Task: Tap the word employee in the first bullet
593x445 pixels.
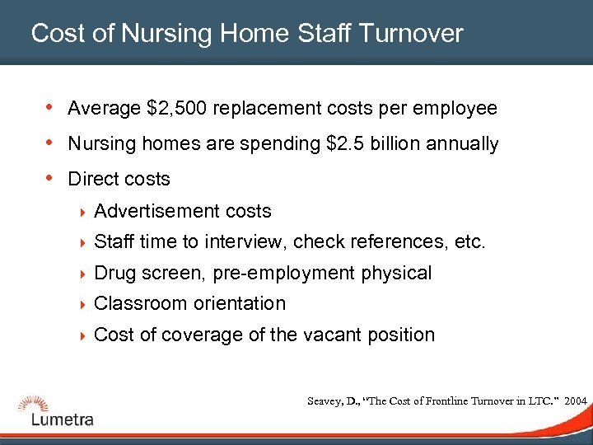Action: tap(460, 109)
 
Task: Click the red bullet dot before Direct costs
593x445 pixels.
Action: tap(51, 178)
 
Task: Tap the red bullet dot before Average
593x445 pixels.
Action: tap(51, 108)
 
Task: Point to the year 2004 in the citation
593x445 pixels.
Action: tap(576, 400)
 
